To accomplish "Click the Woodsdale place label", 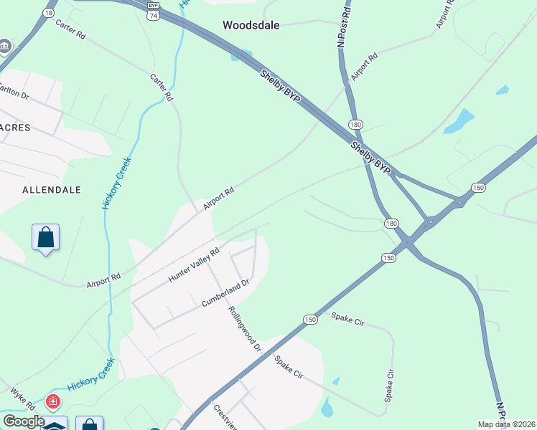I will pyautogui.click(x=251, y=25).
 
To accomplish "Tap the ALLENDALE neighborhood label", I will pyautogui.click(x=52, y=190).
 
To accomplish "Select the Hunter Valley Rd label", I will pyautogui.click(x=194, y=265).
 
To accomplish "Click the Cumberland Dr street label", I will pyautogui.click(x=225, y=294).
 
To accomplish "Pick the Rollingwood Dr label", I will pyautogui.click(x=244, y=329).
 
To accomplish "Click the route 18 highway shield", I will pyautogui.click(x=49, y=13).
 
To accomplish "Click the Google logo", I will pyautogui.click(x=23, y=421).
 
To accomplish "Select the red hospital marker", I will pyautogui.click(x=52, y=402).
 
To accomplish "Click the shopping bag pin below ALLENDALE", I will pyautogui.click(x=45, y=237).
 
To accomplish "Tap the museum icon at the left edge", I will pyautogui.click(x=5, y=47).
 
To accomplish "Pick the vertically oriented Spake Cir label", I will pyautogui.click(x=390, y=385).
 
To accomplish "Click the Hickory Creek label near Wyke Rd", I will pyautogui.click(x=92, y=376).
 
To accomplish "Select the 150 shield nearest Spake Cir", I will pyautogui.click(x=309, y=320).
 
